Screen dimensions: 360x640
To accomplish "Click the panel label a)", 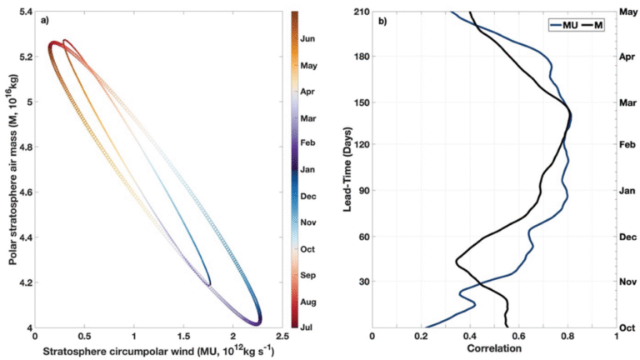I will click(x=43, y=20).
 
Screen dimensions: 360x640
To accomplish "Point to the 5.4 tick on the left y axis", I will click(x=22, y=12).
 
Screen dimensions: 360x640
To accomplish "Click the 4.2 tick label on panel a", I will click(x=22, y=282).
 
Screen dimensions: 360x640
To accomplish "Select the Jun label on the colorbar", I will click(x=307, y=38).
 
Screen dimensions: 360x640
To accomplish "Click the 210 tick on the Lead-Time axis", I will click(x=360, y=12).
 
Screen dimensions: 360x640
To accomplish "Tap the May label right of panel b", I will click(x=628, y=12).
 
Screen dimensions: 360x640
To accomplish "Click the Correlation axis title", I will click(x=493, y=349).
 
